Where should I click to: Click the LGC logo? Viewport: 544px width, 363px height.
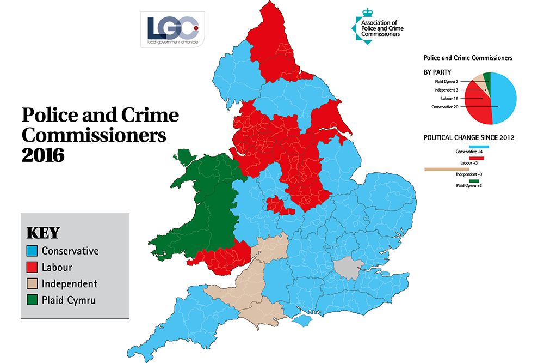point(171,29)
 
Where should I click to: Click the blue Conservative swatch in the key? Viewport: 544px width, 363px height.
point(33,251)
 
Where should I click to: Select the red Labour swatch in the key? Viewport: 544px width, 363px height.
point(33,268)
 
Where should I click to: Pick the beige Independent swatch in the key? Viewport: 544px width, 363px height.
point(33,284)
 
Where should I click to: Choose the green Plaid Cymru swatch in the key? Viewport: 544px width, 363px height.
point(33,300)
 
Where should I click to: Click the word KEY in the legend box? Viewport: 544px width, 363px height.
point(43,233)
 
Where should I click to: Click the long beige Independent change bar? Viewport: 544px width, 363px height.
point(446,169)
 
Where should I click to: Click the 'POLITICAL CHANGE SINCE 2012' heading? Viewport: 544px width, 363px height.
point(469,137)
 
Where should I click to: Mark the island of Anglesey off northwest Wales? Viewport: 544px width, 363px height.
point(186,158)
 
